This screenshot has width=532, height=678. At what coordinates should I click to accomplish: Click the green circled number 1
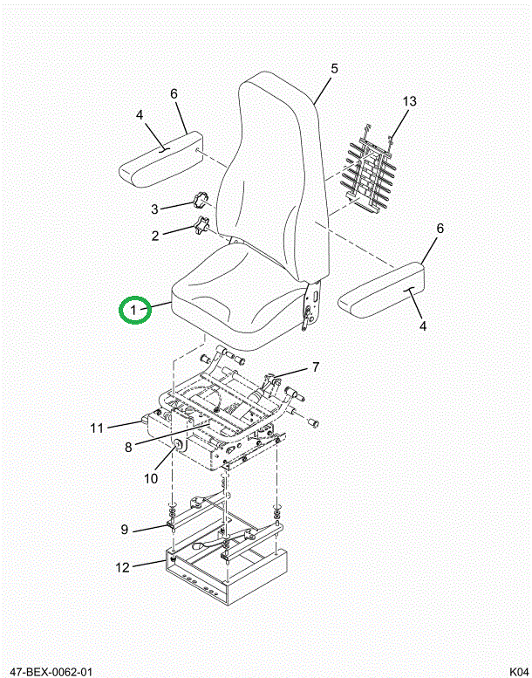tap(135, 310)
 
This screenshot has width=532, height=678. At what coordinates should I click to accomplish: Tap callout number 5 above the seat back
tap(335, 69)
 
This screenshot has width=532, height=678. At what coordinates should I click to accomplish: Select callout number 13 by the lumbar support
tap(409, 101)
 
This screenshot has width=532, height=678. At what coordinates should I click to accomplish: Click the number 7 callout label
tap(316, 367)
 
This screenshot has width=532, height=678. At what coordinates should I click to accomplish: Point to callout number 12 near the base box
tap(123, 567)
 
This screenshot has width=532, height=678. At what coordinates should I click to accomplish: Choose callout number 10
tap(151, 479)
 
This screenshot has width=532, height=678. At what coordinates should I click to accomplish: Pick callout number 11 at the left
tap(97, 428)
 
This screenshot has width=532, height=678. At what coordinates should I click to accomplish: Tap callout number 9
tap(125, 530)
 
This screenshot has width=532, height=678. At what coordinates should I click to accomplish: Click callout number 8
tap(128, 447)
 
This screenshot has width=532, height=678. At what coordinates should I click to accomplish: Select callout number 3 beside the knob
tap(154, 209)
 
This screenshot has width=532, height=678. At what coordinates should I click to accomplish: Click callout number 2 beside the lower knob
tap(155, 236)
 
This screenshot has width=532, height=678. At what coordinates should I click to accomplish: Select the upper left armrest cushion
tap(160, 160)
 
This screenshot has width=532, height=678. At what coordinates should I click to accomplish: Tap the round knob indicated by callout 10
tap(178, 445)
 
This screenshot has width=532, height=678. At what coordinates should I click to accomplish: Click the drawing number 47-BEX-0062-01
tap(51, 672)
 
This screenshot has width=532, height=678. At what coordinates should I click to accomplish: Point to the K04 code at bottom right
tap(519, 672)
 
